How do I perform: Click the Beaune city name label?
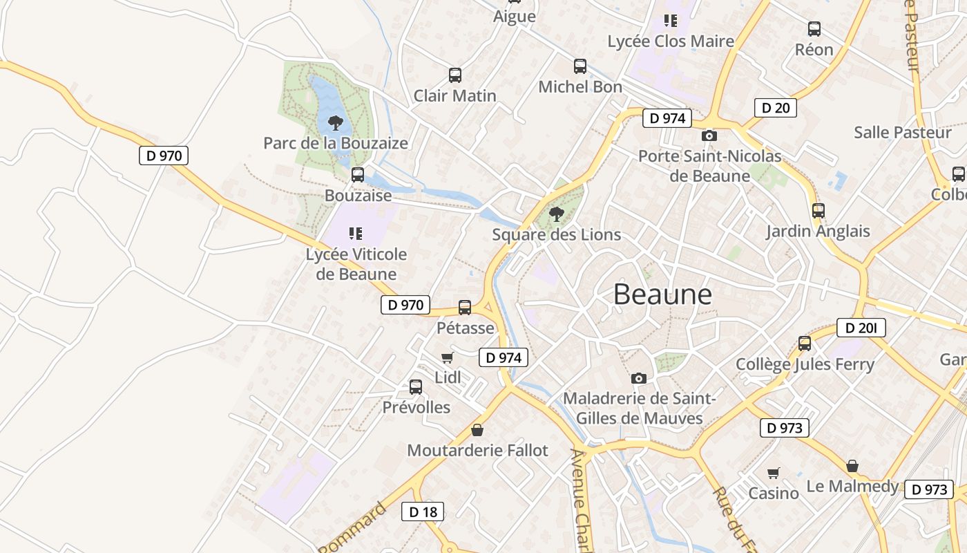662,294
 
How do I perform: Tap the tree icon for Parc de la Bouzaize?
336,123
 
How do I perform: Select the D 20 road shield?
775,108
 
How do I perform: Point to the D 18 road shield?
423,512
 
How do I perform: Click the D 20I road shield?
861,328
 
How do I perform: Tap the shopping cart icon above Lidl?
447,357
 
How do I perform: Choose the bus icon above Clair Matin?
454,75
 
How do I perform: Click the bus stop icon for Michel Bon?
580,66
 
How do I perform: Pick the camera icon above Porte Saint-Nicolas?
709,135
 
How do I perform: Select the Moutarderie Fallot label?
477,451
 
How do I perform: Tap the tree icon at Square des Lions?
556,214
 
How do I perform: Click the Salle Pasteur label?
902,132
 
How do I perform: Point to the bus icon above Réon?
814,29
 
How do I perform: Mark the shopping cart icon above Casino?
774,473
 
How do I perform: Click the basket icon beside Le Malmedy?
852,466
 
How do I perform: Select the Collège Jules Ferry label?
805,364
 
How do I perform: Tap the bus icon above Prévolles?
416,387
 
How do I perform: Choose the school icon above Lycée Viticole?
356,234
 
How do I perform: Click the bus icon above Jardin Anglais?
818,210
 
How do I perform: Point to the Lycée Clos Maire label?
670,41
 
